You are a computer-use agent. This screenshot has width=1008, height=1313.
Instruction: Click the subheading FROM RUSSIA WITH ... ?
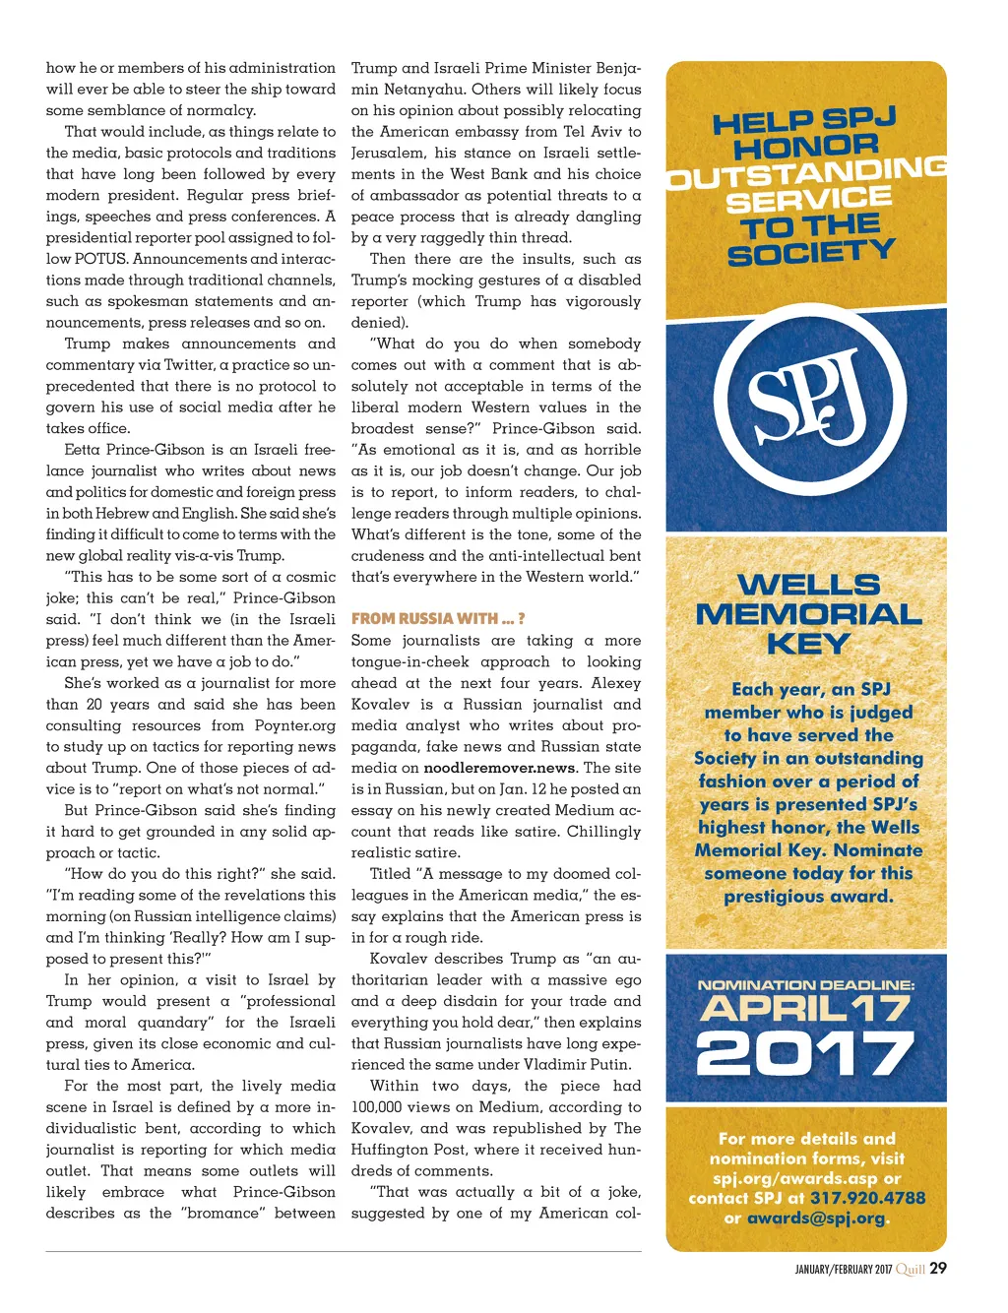[x=437, y=619]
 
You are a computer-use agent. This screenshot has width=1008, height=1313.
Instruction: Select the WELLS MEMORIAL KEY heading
[x=808, y=614]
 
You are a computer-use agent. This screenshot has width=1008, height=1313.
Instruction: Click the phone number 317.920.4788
[x=867, y=1198]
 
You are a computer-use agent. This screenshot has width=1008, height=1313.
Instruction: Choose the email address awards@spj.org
[x=815, y=1218]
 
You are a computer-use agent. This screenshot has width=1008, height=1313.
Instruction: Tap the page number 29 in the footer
[x=938, y=1268]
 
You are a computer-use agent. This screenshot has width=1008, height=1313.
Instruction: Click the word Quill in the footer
[x=911, y=1269]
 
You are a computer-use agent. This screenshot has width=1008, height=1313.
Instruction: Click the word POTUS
[x=99, y=259]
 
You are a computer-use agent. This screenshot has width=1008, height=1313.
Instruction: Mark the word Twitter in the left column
[x=188, y=365]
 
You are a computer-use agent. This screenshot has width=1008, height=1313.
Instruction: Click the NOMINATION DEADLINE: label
[x=806, y=984]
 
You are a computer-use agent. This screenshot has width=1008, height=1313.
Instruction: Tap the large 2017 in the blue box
[x=805, y=1054]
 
